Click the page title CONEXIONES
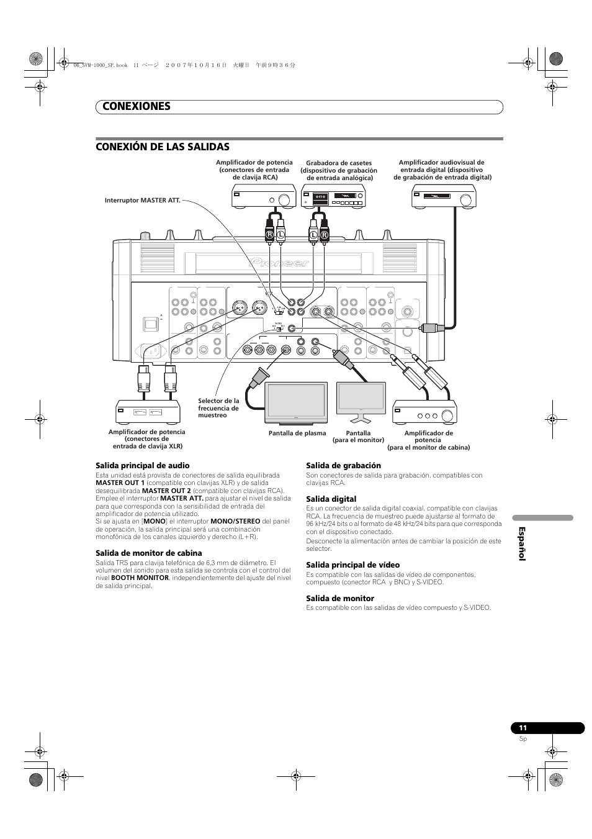pyautogui.click(x=133, y=106)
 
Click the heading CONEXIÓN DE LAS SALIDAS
pyautogui.click(x=162, y=147)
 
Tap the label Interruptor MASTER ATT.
pyautogui.click(x=142, y=201)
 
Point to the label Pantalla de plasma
pyautogui.click(x=297, y=433)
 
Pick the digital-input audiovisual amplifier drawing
pyautogui.click(x=444, y=198)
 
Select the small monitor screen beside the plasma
pyautogui.click(x=361, y=399)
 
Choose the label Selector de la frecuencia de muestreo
pyautogui.click(x=218, y=408)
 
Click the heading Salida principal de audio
pyautogui.click(x=142, y=466)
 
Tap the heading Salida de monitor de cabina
pyautogui.click(x=148, y=553)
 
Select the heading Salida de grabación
pyautogui.click(x=343, y=466)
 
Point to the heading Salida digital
pyautogui.click(x=331, y=499)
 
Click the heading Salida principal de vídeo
pyautogui.click(x=352, y=565)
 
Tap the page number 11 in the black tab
pyautogui.click(x=523, y=728)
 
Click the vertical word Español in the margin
pyautogui.click(x=521, y=544)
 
